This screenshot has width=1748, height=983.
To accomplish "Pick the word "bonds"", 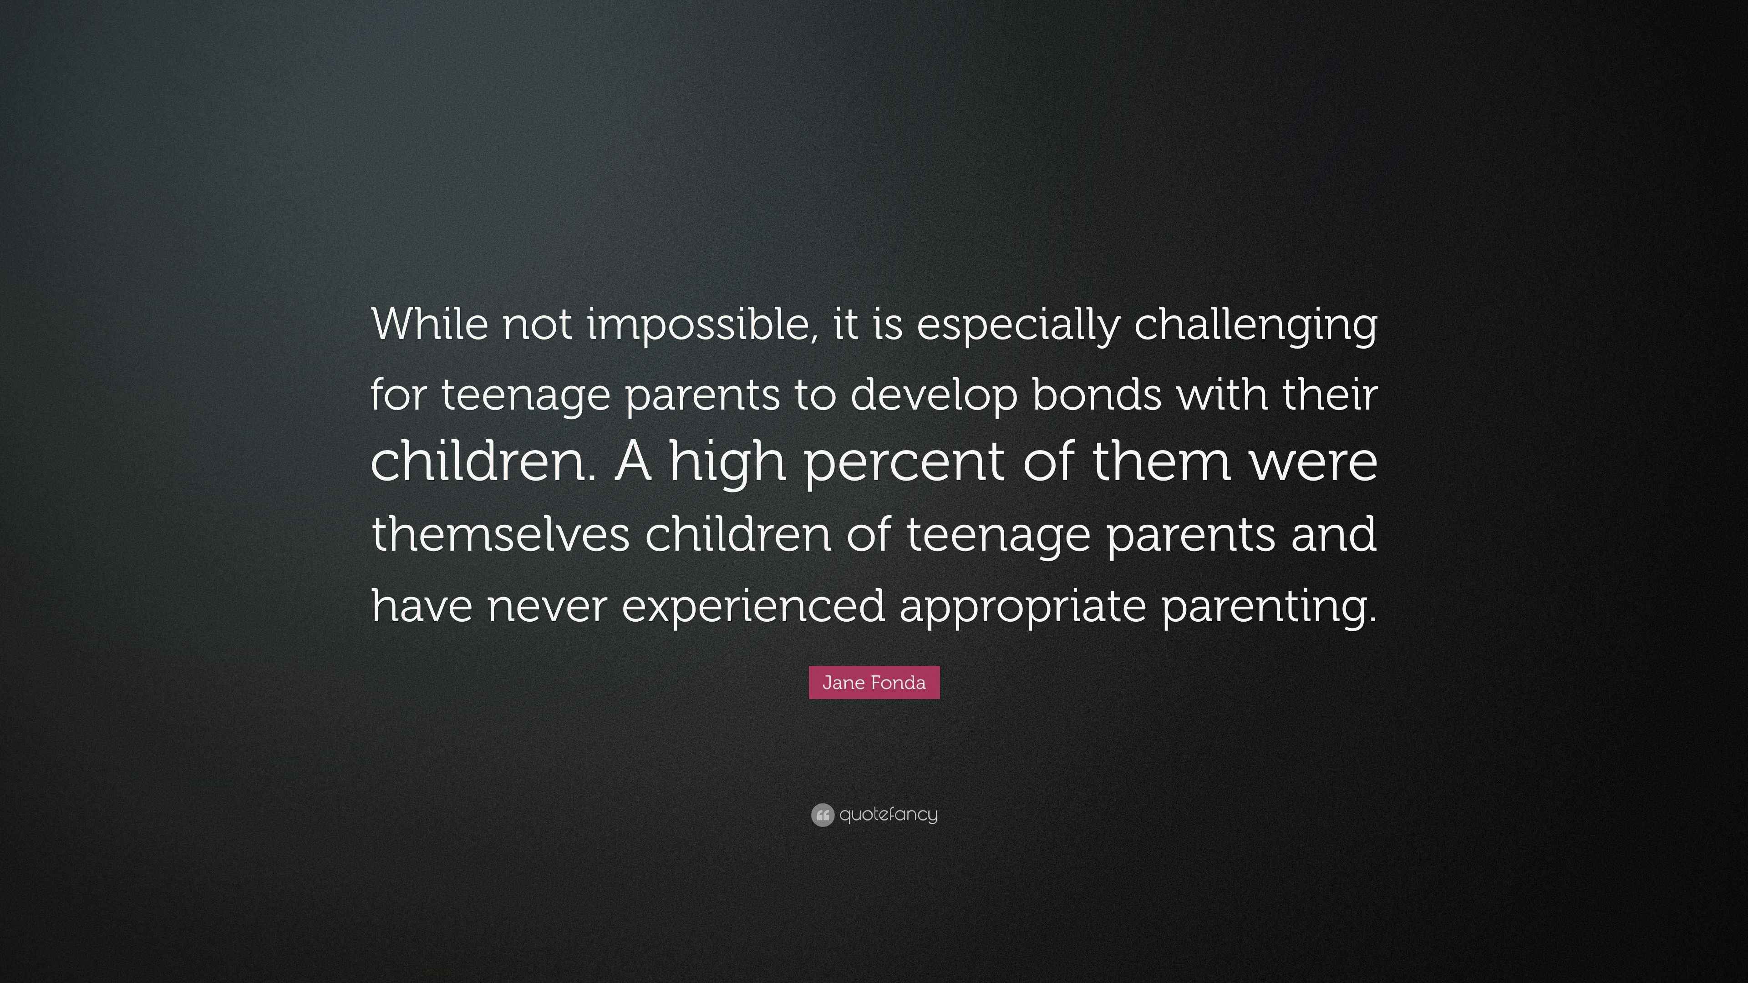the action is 1097,394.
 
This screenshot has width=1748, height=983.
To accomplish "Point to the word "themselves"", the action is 501,533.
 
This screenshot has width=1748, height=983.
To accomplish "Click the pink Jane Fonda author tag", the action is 874,683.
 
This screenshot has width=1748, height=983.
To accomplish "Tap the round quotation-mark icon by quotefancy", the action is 823,815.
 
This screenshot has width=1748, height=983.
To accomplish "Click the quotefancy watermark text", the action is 888,815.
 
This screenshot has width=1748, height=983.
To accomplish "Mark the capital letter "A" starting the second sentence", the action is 634,463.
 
